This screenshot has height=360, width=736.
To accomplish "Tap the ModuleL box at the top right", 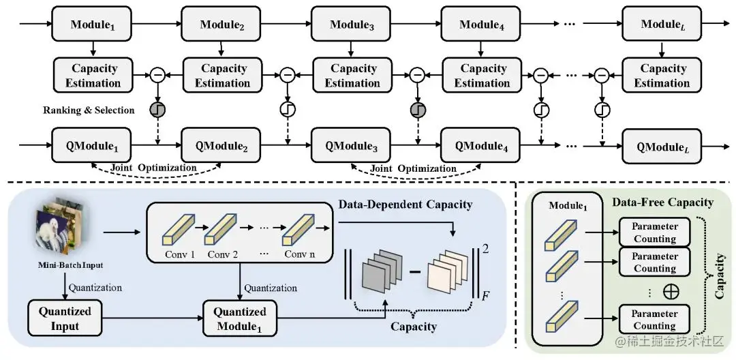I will pos(662,25).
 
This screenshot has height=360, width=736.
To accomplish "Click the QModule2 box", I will pos(222,146).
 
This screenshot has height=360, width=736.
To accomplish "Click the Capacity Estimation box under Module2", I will pos(222,76).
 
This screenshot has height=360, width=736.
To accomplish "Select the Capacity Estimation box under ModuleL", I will pos(662,76).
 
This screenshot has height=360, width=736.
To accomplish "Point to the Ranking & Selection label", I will pos(89,110).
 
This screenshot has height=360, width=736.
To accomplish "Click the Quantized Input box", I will pos(65,318).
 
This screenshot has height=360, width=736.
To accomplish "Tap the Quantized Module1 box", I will pos(239,318).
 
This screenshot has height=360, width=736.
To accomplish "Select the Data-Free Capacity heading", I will pos(662,202).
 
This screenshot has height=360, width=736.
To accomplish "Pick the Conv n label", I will pos(301,256).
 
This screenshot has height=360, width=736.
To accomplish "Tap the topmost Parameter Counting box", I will pos(654,232).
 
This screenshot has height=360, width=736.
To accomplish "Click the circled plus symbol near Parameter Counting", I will pos(671,291).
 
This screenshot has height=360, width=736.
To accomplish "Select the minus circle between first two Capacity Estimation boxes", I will pos(157,76).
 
